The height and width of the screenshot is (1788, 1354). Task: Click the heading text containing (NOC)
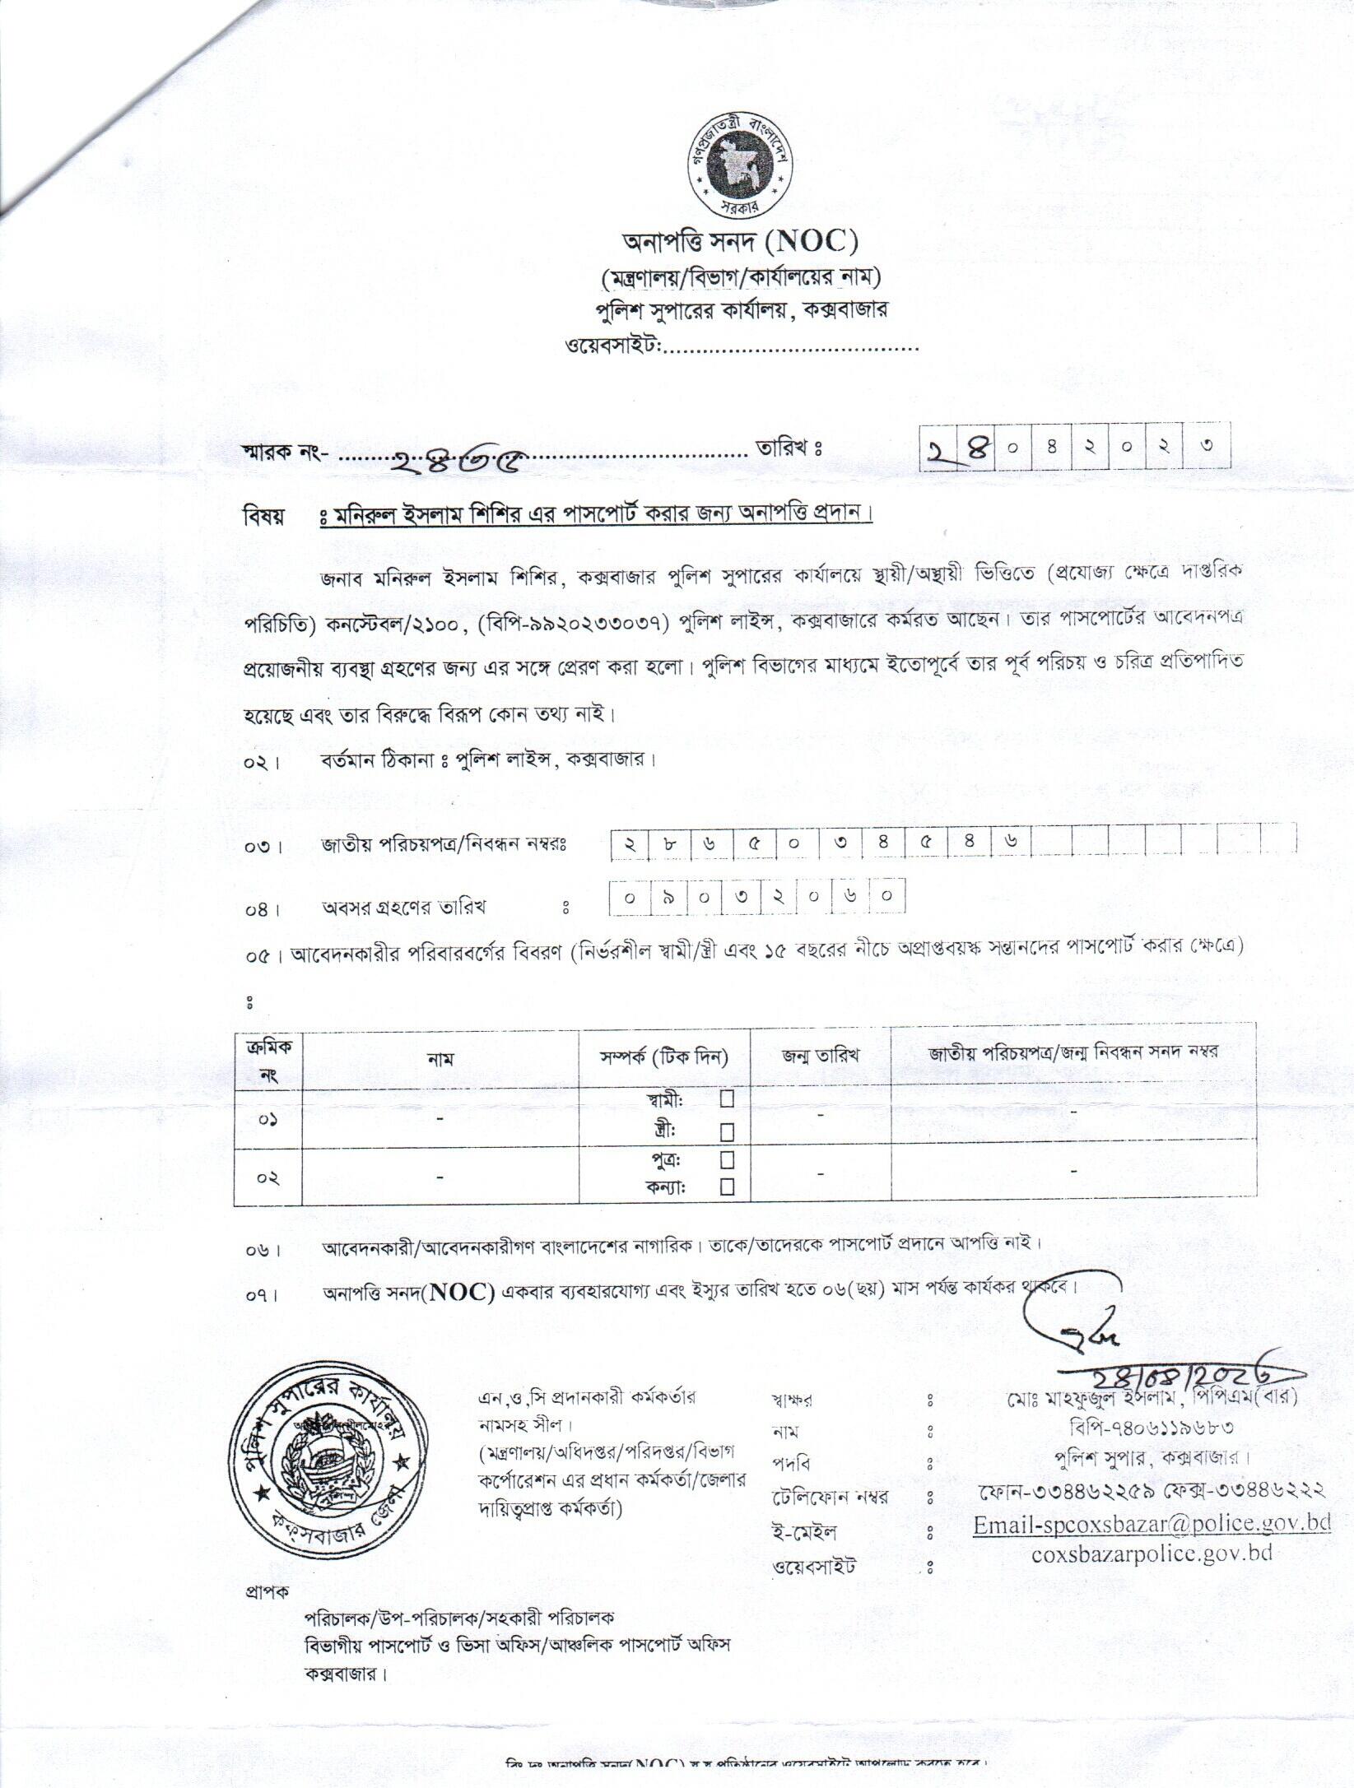coord(739,242)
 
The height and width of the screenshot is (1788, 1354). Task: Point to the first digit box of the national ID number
coord(630,844)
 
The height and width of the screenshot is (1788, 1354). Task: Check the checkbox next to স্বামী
coord(727,1098)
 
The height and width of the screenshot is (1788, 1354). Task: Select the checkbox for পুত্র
coord(727,1159)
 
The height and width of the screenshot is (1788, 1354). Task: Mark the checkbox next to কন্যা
coord(727,1187)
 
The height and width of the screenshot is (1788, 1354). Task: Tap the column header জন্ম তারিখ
coord(821,1055)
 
